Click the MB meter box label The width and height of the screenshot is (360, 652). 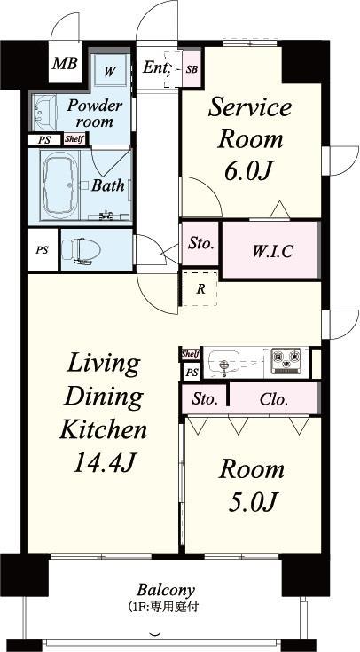tap(65, 64)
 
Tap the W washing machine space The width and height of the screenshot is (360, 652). tap(110, 70)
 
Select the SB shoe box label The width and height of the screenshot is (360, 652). tap(192, 69)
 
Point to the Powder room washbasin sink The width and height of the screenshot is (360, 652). tap(44, 112)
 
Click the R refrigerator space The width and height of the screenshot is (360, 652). tap(200, 289)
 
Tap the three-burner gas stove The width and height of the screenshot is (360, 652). tap(286, 358)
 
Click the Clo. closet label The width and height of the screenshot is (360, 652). tap(273, 400)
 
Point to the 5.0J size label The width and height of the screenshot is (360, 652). tap(253, 503)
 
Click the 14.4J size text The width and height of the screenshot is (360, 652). tap(104, 462)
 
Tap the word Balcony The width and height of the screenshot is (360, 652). tap(166, 590)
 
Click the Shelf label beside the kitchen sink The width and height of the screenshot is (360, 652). tap(191, 354)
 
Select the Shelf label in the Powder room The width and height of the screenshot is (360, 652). tap(74, 139)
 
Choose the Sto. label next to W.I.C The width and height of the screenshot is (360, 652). tap(200, 244)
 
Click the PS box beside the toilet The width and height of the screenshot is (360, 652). tap(42, 250)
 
